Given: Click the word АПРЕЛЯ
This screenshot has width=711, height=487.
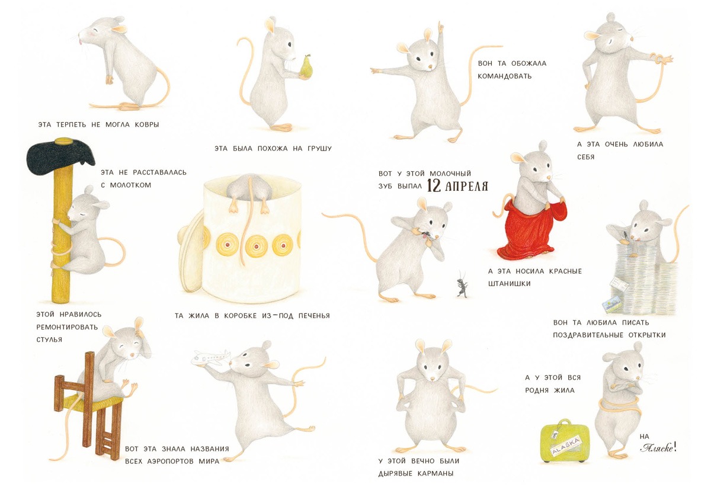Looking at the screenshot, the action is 466,187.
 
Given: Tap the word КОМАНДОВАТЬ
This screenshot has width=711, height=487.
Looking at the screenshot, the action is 504,76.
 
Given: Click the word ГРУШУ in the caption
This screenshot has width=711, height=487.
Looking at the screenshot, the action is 319,149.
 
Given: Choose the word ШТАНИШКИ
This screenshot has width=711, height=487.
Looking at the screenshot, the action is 509,284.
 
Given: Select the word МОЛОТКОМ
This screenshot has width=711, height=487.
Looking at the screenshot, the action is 130,185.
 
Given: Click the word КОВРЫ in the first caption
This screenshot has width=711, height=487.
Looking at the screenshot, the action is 147,125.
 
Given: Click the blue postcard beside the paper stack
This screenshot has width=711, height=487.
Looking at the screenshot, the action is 611,304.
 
